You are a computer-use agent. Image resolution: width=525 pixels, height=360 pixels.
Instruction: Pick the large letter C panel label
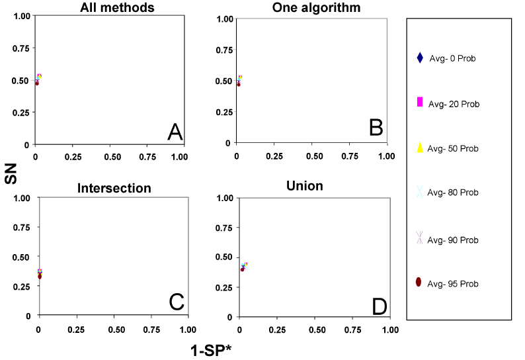click(x=176, y=302)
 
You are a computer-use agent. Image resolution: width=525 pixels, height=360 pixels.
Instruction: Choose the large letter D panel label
click(x=379, y=306)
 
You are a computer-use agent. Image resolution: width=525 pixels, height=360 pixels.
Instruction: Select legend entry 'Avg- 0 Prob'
click(x=452, y=58)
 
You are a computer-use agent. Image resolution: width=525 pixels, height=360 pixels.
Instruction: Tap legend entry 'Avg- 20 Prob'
click(x=454, y=104)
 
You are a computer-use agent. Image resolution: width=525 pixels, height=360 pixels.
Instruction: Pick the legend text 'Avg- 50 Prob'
click(x=453, y=148)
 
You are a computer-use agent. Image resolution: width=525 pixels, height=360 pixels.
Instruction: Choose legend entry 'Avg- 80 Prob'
click(x=453, y=193)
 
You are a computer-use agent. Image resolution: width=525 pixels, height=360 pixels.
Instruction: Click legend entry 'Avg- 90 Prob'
click(x=453, y=240)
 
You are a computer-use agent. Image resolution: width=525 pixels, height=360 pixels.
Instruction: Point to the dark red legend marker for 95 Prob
click(x=419, y=283)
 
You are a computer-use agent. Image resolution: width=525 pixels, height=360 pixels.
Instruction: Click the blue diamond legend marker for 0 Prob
click(x=419, y=58)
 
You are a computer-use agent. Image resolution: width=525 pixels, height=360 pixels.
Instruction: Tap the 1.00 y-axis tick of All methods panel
click(x=19, y=18)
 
